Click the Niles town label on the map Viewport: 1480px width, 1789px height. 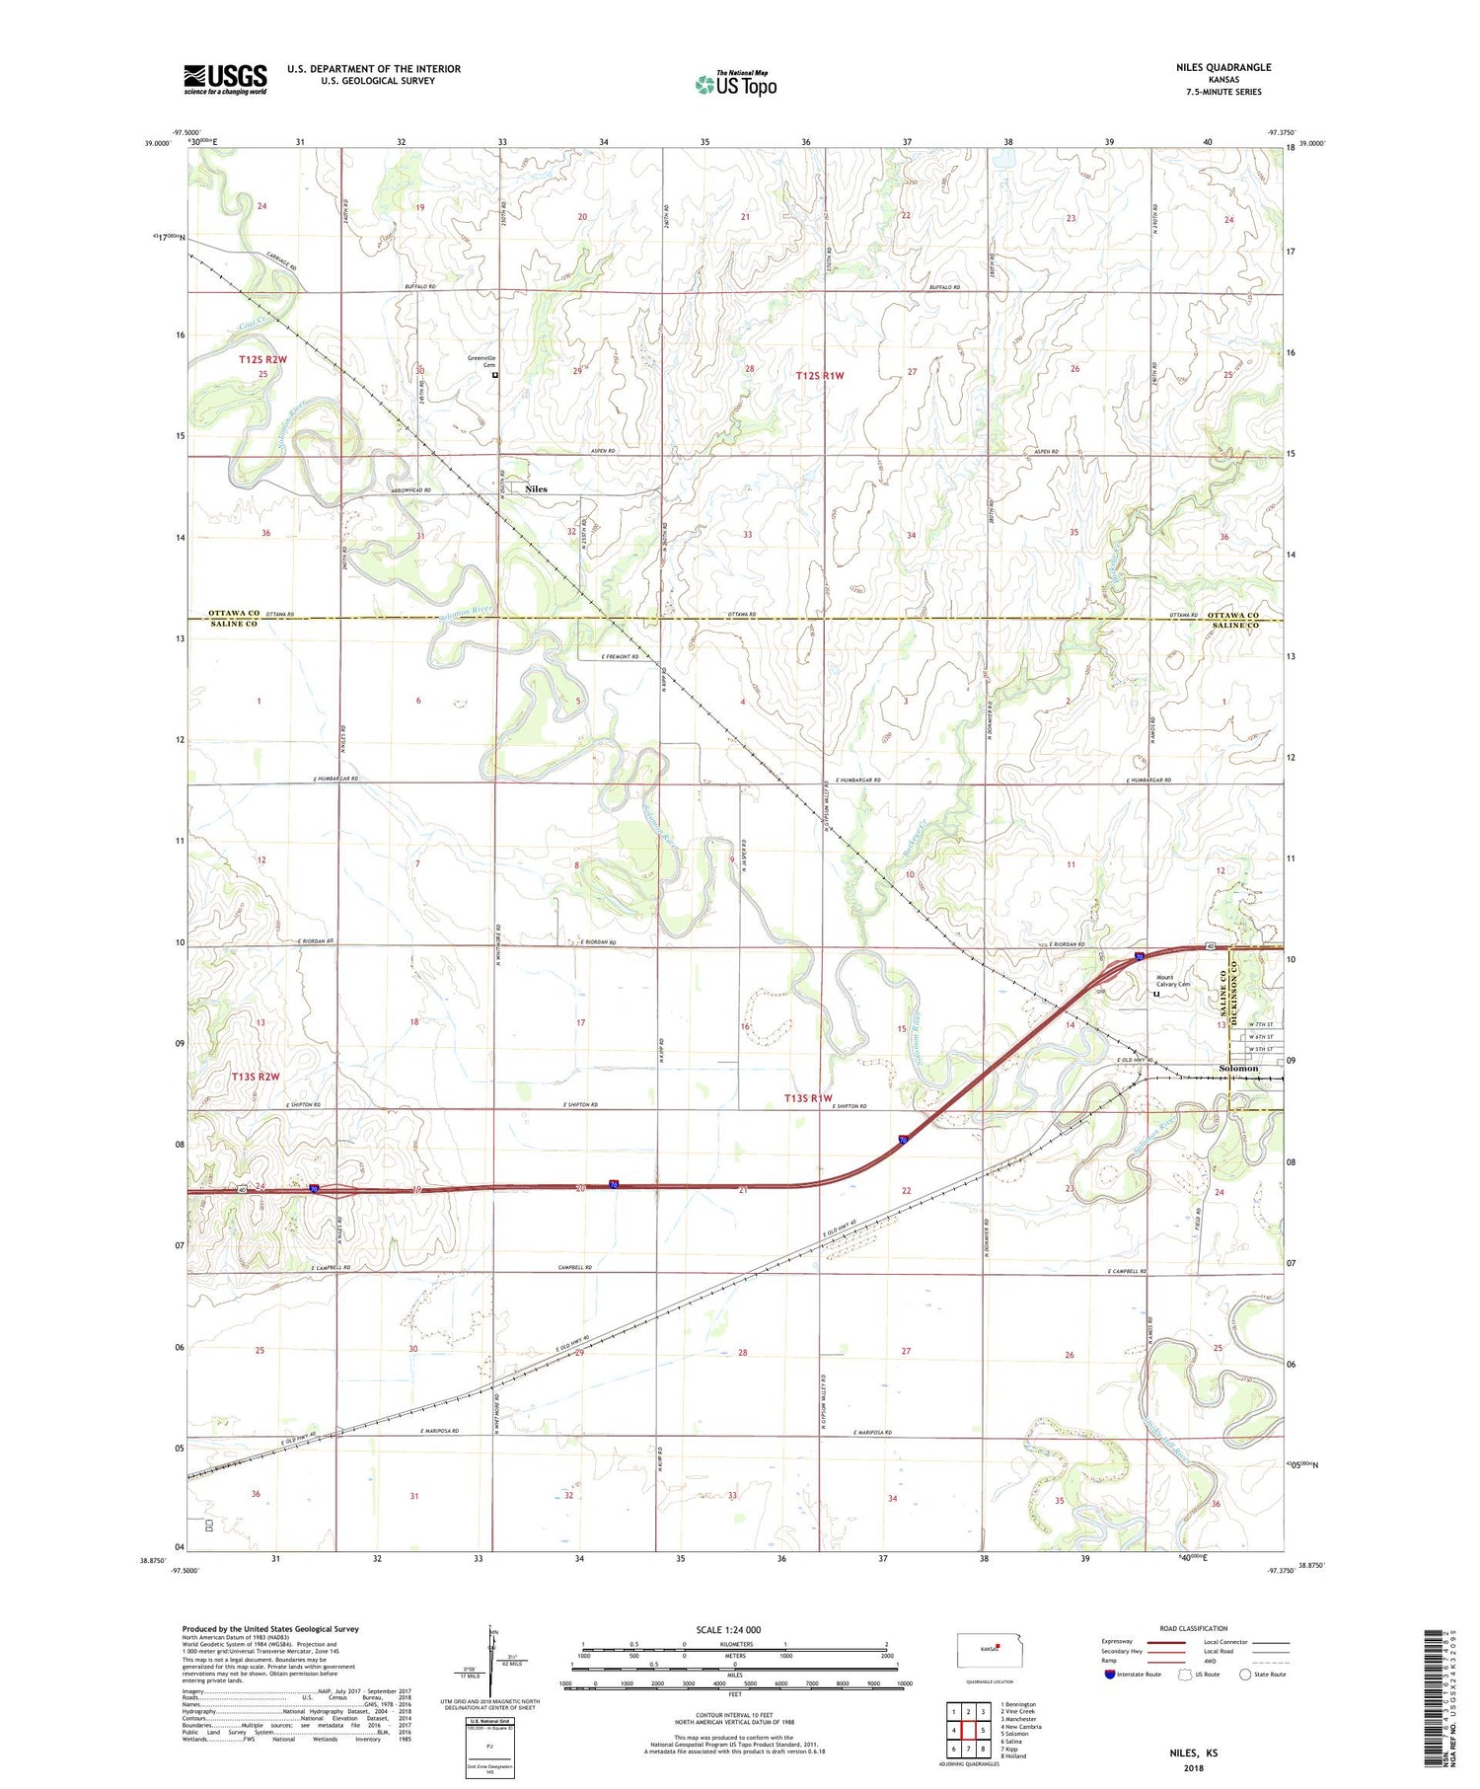[536, 489]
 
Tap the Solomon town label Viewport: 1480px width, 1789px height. [1238, 1068]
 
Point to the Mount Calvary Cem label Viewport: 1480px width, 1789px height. [1173, 982]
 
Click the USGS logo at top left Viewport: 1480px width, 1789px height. [225, 79]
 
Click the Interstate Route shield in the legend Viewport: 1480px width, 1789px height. [1110, 1675]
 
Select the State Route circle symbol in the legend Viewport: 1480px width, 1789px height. [1245, 1675]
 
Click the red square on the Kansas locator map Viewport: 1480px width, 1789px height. [998, 1645]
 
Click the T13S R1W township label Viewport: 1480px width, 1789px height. [808, 1098]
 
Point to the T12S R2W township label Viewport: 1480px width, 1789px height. [262, 360]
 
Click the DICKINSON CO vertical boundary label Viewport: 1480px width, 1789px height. [1234, 989]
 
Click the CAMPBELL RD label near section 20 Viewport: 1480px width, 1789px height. [574, 1267]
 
